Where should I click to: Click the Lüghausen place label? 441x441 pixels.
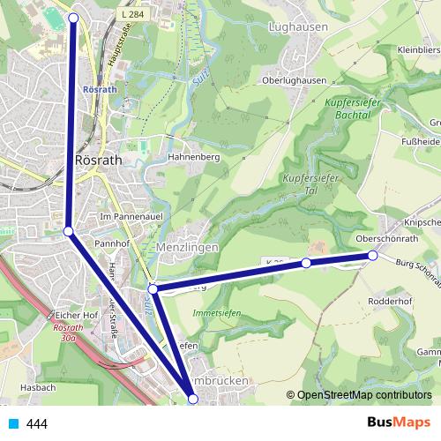pos(296,27)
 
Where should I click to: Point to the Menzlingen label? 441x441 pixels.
pos(186,248)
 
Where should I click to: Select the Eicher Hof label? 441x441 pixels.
pos(75,314)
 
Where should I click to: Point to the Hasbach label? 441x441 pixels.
pos(38,387)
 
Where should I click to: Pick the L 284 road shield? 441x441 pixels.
pos(131,16)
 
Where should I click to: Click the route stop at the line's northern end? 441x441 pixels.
pos(73,18)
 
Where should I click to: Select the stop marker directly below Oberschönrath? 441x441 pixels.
pos(373,255)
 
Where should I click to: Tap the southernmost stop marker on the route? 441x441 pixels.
pos(193,400)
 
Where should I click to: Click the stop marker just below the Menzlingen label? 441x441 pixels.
pos(153,288)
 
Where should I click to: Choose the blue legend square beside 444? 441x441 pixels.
pos(12,423)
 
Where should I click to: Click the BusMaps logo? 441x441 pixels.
pos(398,422)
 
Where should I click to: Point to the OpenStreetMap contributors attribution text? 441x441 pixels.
pos(363,395)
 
